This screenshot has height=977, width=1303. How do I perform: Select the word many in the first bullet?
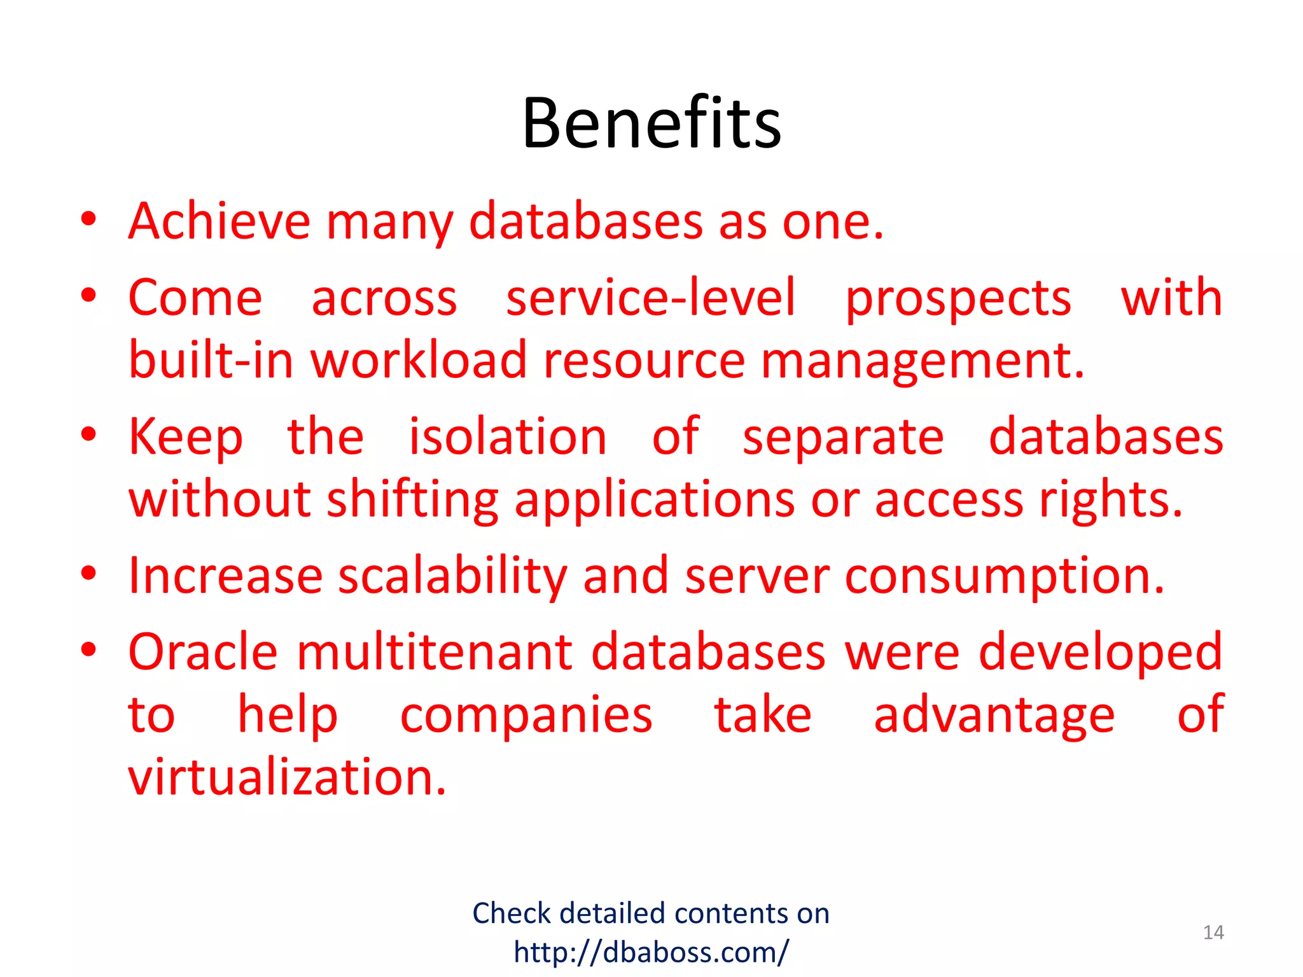[390, 223]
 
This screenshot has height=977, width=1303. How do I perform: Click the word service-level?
[650, 298]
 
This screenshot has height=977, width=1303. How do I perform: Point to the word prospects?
[958, 299]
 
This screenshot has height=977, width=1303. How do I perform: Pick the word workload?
[419, 360]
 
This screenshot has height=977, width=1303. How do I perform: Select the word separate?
[843, 438]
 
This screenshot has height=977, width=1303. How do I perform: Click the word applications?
[655, 500]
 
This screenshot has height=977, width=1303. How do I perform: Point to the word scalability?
[452, 576]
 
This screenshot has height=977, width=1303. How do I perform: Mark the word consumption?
[1005, 576]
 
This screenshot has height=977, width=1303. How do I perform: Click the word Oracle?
[203, 652]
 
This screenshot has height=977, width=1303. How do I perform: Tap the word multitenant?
[435, 652]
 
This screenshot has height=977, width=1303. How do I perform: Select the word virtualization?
[287, 777]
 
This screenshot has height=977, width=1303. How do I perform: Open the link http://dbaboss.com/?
[651, 952]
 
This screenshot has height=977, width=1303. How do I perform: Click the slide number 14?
[1213, 932]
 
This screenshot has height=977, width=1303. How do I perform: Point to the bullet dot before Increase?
[88, 573]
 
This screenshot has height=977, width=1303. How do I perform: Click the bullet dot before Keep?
[88, 434]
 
